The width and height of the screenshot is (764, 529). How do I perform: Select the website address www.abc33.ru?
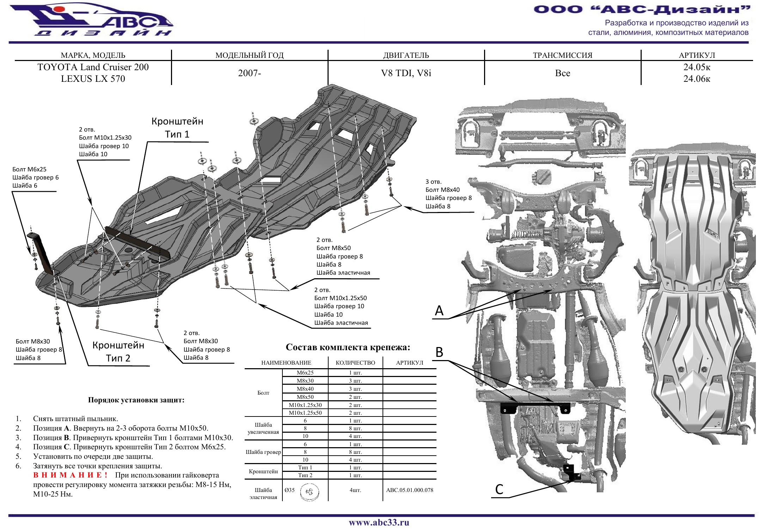379,522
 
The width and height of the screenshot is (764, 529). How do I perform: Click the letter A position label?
439,311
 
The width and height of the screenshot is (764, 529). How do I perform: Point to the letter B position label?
439,352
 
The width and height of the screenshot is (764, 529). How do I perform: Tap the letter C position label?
499,489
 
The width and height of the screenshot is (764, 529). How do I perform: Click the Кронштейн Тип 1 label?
177,128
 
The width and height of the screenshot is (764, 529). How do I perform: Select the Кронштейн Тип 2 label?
118,352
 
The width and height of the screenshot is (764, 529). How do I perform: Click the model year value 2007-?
249,73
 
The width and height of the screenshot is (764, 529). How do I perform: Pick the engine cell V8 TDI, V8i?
406,73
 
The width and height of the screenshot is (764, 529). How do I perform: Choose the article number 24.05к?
697,67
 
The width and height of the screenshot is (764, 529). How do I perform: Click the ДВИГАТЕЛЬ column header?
406,55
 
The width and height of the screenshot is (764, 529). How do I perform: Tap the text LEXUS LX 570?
93,79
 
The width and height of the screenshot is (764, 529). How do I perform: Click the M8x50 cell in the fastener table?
305,397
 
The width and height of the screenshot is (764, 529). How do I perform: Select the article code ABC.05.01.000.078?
410,490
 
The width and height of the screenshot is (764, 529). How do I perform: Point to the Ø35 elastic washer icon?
310,492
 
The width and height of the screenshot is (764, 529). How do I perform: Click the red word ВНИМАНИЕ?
70,475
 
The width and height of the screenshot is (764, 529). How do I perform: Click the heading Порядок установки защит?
136,400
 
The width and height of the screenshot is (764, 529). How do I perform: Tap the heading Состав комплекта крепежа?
348,347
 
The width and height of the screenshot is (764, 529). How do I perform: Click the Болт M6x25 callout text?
29,169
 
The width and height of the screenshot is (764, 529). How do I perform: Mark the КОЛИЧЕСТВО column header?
355,363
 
